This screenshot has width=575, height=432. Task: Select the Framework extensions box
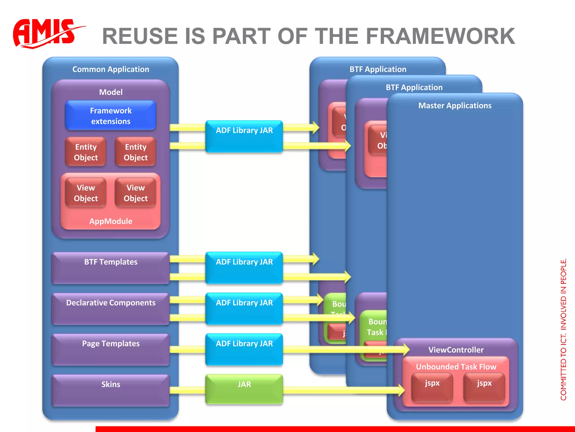click(111, 116)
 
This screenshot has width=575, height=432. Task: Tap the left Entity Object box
click(86, 152)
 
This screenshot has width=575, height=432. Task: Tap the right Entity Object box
click(136, 152)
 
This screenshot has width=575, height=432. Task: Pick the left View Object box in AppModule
click(86, 193)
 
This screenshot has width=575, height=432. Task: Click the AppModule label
click(111, 221)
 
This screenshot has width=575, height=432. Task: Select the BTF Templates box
click(111, 267)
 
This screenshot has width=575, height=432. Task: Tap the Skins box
click(111, 390)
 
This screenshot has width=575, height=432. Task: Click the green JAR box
click(244, 389)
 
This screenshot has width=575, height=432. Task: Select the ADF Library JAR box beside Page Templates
click(244, 349)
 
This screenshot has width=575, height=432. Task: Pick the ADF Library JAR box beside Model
click(244, 136)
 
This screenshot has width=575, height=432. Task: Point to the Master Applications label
click(455, 105)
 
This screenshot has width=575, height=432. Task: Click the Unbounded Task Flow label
click(456, 367)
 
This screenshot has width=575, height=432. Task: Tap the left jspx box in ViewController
click(432, 387)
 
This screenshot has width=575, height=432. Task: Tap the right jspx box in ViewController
click(484, 387)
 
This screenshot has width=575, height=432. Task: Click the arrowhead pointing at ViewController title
click(406, 350)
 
